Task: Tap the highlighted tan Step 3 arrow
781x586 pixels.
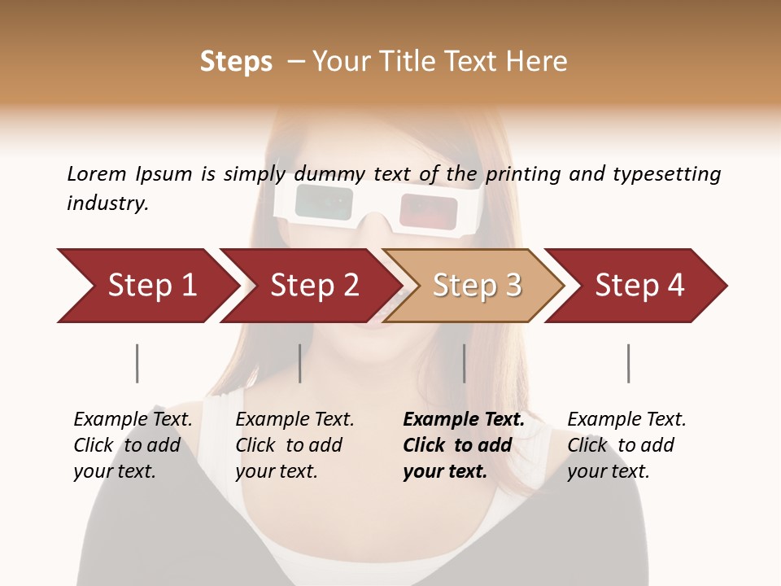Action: coord(476,286)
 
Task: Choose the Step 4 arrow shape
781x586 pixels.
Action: coord(639,286)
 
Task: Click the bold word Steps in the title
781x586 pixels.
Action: coord(236,61)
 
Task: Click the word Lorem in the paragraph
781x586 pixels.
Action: coord(96,173)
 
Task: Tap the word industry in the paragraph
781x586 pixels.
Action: coord(107,203)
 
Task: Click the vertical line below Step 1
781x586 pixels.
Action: coord(137,363)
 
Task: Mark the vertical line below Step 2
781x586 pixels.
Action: coord(300,363)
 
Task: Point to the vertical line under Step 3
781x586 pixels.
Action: coord(464,363)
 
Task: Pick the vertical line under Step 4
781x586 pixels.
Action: coord(628,363)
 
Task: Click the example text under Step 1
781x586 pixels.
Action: coord(133,445)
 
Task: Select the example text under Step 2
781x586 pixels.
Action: coord(295,445)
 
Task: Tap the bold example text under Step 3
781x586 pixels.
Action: coord(463,445)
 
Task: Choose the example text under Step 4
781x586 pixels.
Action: coord(626,445)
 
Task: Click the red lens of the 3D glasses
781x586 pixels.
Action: coord(429,211)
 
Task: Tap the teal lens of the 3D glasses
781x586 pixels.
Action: coord(323,200)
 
